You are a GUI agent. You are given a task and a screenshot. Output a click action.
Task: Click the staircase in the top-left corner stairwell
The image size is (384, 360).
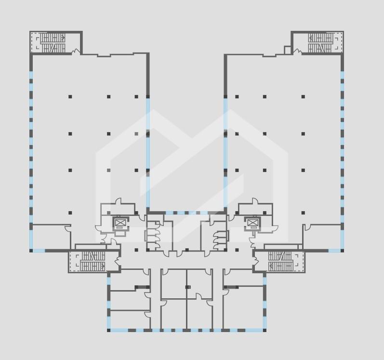[x=53, y=42]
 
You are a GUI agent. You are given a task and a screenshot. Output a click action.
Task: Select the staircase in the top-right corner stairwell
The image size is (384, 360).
[x=320, y=42]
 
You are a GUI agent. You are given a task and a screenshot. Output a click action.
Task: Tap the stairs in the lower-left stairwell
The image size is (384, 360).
[x=93, y=261]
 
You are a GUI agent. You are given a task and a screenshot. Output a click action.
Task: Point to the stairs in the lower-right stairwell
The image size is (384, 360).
[x=280, y=261]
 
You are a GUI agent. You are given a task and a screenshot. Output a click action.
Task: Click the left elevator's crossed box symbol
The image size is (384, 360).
[x=120, y=223]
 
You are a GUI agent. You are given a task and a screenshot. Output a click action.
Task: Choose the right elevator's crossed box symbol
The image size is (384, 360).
[x=253, y=223]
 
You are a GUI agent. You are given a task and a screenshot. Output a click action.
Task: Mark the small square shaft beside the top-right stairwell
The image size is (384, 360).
[x=288, y=50]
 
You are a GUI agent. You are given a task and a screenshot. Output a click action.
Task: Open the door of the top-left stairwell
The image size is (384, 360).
[x=76, y=52]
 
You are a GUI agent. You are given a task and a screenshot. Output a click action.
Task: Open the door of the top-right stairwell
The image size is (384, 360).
[x=297, y=52]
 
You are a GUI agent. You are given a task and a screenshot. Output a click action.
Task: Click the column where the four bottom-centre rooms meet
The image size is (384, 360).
[x=187, y=287]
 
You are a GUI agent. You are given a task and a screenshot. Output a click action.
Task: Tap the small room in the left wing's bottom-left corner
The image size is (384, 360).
[x=51, y=237]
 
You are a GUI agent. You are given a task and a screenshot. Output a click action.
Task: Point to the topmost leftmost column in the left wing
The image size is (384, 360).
[x=70, y=97]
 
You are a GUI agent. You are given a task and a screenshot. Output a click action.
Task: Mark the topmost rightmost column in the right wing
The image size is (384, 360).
[x=303, y=97]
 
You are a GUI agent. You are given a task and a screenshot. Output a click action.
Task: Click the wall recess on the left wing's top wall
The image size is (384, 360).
[x=104, y=55]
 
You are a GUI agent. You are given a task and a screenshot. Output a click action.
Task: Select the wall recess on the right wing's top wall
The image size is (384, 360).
[x=269, y=55]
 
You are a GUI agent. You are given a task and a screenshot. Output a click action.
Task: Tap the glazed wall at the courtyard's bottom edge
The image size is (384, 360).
[x=186, y=213]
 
